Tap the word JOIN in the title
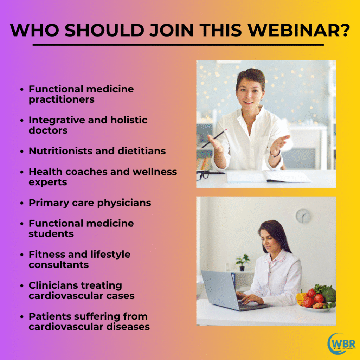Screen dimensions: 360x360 click(172, 30)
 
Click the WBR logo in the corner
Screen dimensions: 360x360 click(341, 343)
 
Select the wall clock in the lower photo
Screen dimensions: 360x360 click(303, 216)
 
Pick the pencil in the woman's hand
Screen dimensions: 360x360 click(213, 139)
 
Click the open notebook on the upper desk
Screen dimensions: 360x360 click(269, 176)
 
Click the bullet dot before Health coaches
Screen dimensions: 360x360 click(22, 172)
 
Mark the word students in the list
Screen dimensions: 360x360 click(51, 234)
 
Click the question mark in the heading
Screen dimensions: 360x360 click(344, 30)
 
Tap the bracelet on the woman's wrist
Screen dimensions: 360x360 click(275, 154)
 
